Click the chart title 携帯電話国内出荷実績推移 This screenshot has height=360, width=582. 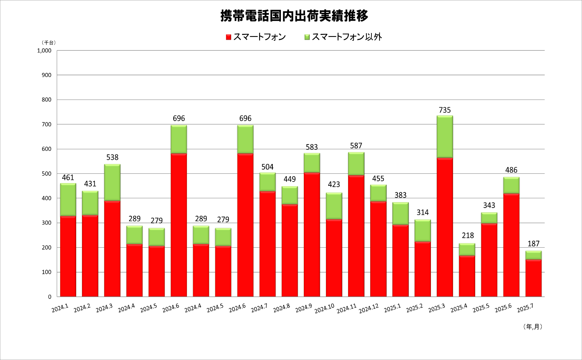(294, 16)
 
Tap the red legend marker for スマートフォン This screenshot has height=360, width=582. (229, 37)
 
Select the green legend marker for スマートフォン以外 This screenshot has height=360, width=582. (307, 37)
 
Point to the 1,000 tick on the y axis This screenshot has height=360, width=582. (44, 51)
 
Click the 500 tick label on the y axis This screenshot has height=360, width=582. (47, 174)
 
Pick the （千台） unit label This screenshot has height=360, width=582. (49, 43)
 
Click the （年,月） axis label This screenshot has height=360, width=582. (532, 327)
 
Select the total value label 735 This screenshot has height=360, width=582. (445, 110)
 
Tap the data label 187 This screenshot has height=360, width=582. (533, 244)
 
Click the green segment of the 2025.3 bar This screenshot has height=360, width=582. (445, 136)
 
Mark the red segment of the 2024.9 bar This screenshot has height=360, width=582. (312, 234)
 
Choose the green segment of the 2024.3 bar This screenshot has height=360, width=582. (112, 182)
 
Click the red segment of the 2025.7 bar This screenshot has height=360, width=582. (533, 278)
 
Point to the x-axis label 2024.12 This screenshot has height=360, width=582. (369, 309)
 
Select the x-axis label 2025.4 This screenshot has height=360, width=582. (459, 308)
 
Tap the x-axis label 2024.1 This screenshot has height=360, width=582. (60, 308)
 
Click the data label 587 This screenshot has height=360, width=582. (356, 146)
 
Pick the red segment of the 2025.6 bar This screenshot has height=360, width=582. (511, 245)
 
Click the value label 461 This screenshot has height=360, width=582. (68, 178)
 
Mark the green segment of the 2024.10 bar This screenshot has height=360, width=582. (334, 206)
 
